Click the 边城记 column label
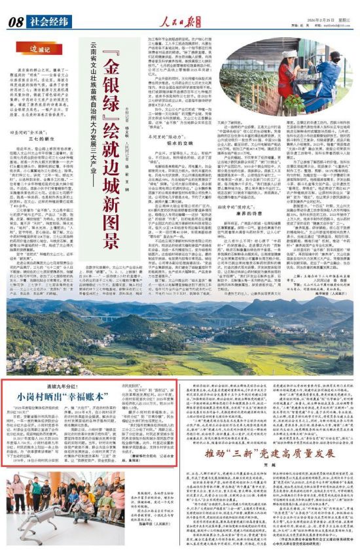coord(43,48)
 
